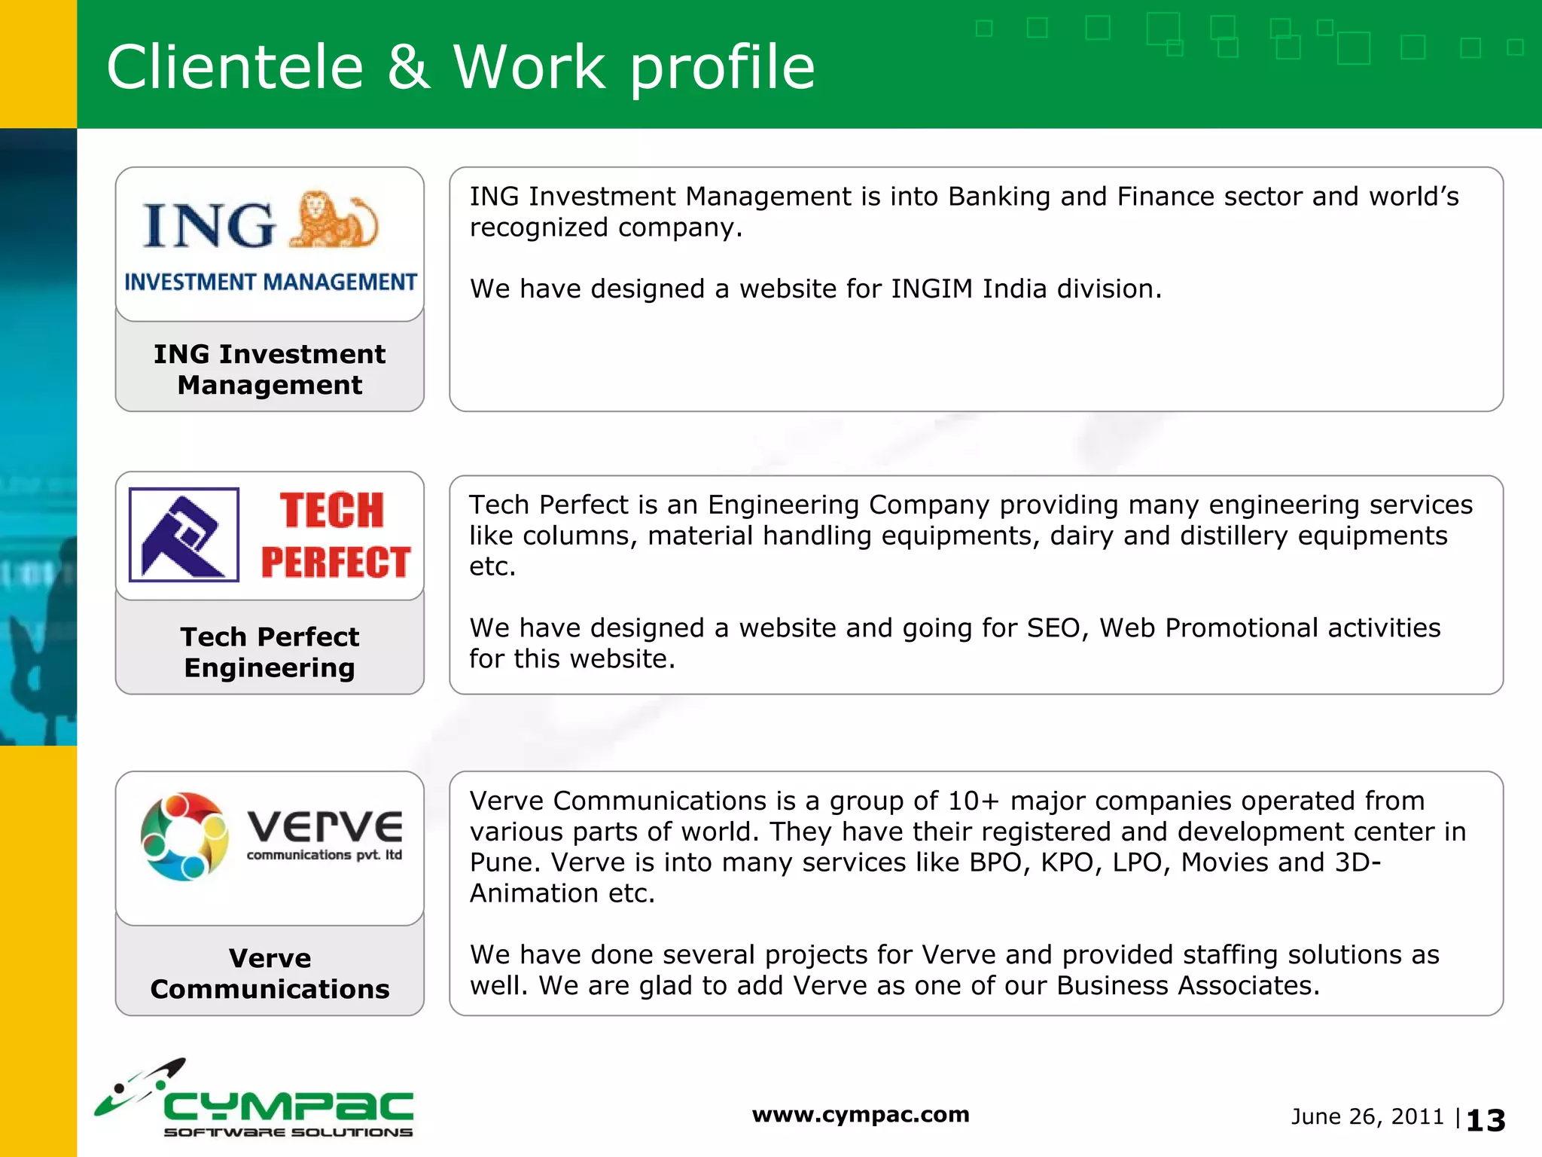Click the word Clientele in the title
pos(235,68)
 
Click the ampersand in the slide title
pos(408,68)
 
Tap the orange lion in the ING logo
pos(333,221)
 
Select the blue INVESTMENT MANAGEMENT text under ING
pos(270,282)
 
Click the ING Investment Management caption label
pos(270,369)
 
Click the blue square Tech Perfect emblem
pos(184,535)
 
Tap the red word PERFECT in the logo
pos(336,563)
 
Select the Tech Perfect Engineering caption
pos(270,652)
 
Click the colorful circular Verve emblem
pos(184,837)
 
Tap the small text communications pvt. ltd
pos(324,855)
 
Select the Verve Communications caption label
pos(270,973)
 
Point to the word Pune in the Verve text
pos(497,862)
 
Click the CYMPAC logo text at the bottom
pos(288,1107)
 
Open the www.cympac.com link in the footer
pos(861,1115)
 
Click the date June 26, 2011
pos(1367,1117)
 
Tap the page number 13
pos(1486,1121)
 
